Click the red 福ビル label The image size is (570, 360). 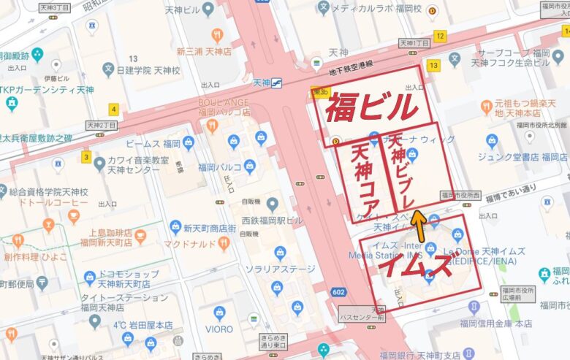coord(371,108)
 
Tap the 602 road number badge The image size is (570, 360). coord(337,292)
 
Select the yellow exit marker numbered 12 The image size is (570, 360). coord(439,36)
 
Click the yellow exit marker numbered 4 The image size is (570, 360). coord(113,110)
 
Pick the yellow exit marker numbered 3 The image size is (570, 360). coord(86,157)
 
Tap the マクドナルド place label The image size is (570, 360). coord(188,243)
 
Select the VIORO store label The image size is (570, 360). coord(219,329)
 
